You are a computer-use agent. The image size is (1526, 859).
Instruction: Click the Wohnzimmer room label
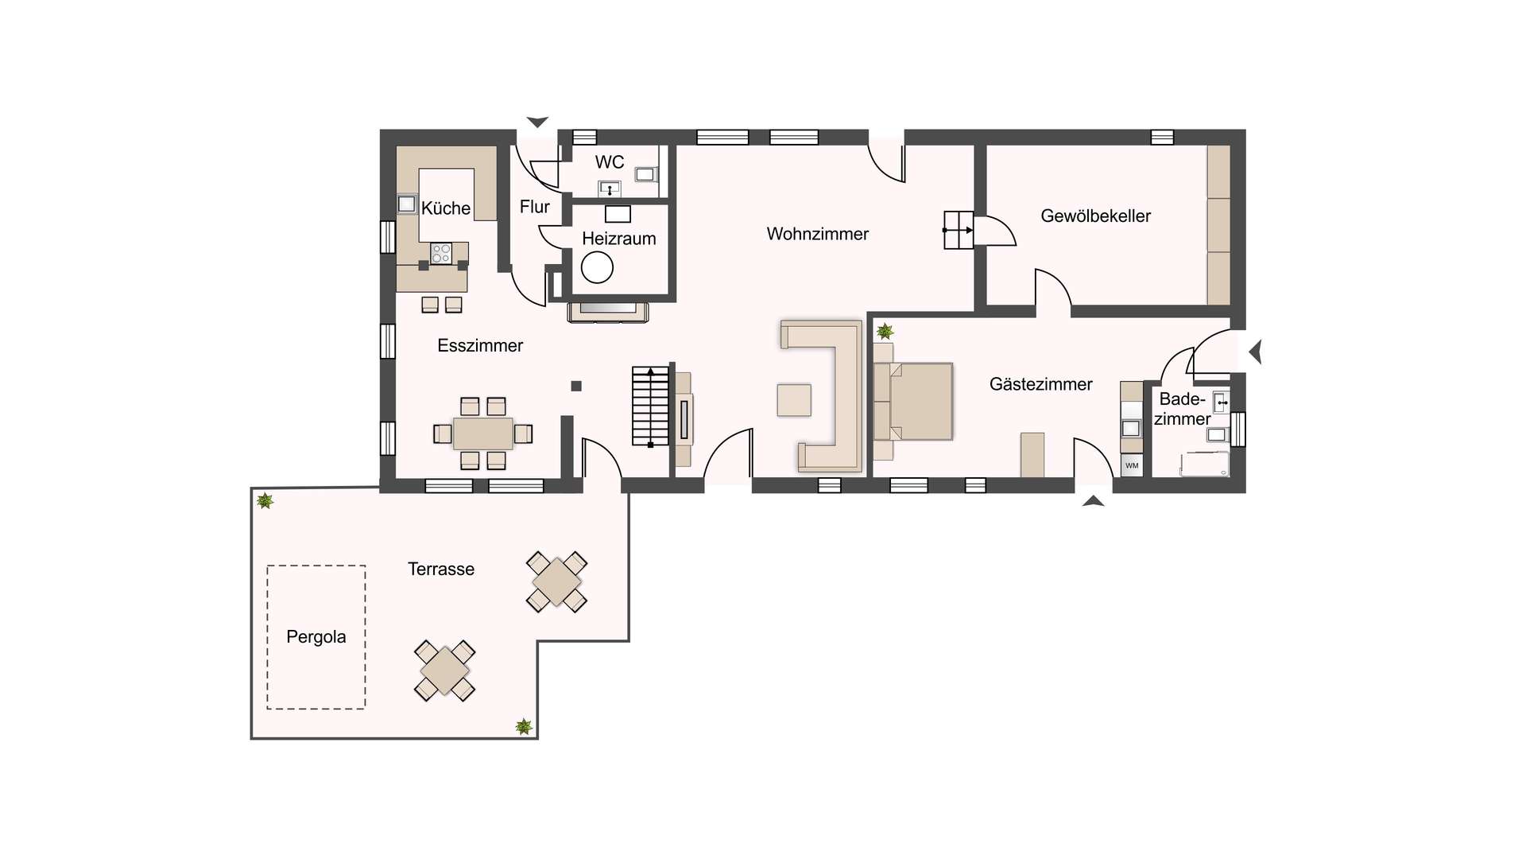tap(817, 234)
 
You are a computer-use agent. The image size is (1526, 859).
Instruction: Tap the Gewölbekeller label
tap(1095, 216)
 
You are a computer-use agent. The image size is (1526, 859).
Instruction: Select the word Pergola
tap(316, 637)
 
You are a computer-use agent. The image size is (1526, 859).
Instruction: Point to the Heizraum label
tap(619, 239)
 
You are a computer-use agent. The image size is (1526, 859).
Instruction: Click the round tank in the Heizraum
tap(597, 267)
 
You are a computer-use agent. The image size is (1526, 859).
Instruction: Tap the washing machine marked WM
tap(1132, 465)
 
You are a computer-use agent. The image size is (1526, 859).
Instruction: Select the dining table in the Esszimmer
tap(483, 433)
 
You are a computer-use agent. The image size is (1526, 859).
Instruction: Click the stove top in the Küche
tap(441, 254)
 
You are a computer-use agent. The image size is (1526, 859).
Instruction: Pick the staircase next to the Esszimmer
tap(650, 406)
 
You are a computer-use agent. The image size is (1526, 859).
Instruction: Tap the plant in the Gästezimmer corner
tap(884, 331)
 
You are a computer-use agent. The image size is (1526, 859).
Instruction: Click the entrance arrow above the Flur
tap(537, 122)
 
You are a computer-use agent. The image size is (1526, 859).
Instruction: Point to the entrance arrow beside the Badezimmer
tap(1256, 352)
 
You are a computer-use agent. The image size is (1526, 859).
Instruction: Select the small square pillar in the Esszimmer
tap(576, 387)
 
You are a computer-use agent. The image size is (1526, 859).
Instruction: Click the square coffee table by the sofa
tap(794, 400)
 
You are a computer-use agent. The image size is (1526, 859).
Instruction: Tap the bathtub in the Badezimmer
tap(1205, 464)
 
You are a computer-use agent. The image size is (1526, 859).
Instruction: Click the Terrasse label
tap(441, 569)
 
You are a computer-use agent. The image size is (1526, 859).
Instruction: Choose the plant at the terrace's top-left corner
tap(265, 501)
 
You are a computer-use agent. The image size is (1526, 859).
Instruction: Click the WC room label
tap(610, 162)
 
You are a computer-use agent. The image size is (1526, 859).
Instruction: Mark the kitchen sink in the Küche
tap(407, 204)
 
